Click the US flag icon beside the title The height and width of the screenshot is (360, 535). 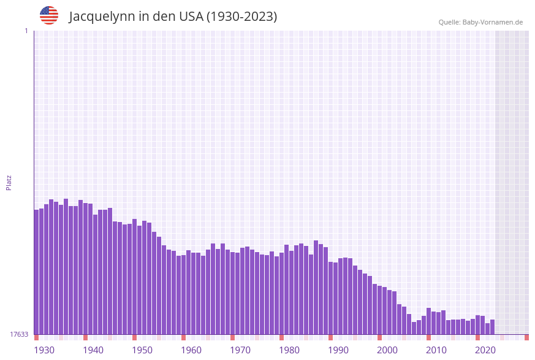[x=49, y=15]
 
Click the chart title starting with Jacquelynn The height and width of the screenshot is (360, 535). [x=173, y=17]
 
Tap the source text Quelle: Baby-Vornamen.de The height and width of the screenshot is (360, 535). [x=480, y=22]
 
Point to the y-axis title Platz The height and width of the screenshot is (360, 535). [x=9, y=182]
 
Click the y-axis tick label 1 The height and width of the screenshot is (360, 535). [x=26, y=31]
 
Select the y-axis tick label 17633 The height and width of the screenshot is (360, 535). [x=19, y=334]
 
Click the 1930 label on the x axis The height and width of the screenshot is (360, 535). [x=44, y=350]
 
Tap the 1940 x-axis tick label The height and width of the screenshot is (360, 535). [x=93, y=350]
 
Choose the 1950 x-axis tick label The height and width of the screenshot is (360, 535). [x=142, y=350]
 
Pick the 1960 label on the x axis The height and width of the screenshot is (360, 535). [x=191, y=350]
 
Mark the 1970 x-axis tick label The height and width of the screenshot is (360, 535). [x=240, y=350]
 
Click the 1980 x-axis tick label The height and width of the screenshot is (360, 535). [x=289, y=350]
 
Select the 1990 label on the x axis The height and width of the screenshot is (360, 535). [x=338, y=350]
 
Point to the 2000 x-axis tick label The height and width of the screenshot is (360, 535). [x=387, y=350]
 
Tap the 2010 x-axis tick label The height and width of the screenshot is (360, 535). [x=436, y=350]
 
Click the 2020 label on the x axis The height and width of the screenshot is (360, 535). [x=485, y=350]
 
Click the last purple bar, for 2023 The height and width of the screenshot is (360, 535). [x=492, y=327]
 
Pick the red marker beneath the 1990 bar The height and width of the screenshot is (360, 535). [x=330, y=337]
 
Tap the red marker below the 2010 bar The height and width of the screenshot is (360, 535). [x=428, y=337]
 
